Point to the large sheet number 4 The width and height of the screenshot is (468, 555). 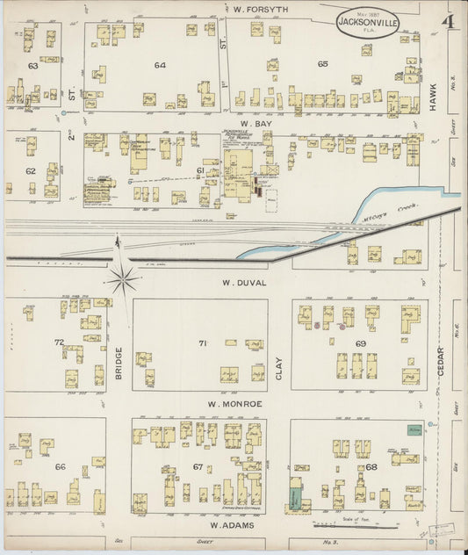448,19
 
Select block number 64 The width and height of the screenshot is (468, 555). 160,65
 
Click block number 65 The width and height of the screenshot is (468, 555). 323,64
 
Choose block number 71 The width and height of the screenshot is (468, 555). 202,343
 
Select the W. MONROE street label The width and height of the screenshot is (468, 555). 235,403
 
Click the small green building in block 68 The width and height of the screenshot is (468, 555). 413,429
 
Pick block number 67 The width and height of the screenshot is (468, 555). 198,466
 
